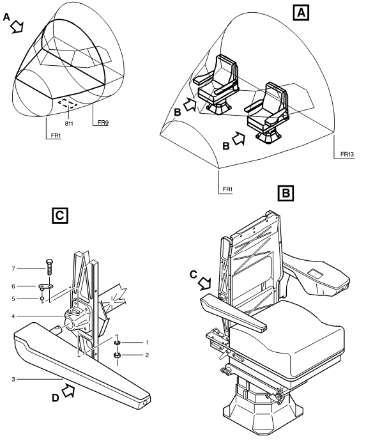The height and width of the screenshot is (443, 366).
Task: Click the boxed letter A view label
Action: pos(301,13)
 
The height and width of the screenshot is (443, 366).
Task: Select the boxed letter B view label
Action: pos(286,193)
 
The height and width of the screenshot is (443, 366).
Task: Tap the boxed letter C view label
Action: pos(60,215)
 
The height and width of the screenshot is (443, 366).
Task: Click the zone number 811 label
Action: pos(69,123)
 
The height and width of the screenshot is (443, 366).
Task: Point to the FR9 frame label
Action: pos(103,122)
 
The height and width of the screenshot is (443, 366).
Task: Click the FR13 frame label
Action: pos(347,154)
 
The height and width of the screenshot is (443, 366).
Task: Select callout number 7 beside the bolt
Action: pos(13,268)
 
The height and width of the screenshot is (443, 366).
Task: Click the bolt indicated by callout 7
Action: pos(49,267)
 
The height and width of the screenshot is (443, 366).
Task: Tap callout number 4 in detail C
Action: pos(13,316)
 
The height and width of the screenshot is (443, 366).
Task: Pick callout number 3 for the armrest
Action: pos(13,379)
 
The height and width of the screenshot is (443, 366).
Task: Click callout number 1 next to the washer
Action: pos(147,343)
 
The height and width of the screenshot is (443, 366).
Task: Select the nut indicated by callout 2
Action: pos(117,355)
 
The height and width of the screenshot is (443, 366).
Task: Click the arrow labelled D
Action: pos(68,391)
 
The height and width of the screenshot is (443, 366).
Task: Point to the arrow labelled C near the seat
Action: pos(204,283)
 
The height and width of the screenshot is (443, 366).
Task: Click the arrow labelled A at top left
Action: pos(17,27)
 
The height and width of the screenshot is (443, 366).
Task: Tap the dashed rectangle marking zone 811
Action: pos(68,104)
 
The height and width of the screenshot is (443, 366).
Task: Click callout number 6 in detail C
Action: pos(13,286)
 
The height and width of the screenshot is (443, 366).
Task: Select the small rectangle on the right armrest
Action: pos(315,272)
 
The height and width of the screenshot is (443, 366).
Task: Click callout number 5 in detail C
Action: pos(13,299)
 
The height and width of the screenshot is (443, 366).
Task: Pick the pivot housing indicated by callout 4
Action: pos(77,319)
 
